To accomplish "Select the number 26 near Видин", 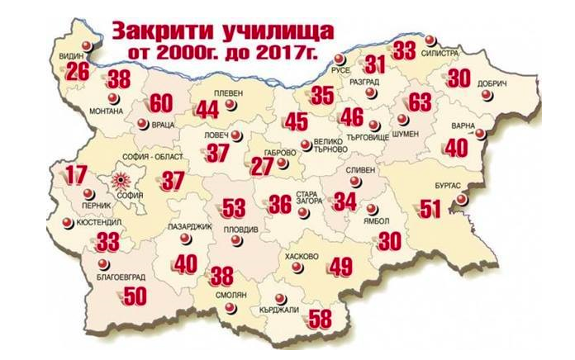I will (76, 72).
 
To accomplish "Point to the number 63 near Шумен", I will (420, 103).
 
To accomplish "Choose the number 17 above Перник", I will (76, 175).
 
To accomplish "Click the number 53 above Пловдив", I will (234, 206).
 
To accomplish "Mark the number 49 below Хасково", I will (340, 267).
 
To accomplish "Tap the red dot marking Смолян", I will (230, 310).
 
